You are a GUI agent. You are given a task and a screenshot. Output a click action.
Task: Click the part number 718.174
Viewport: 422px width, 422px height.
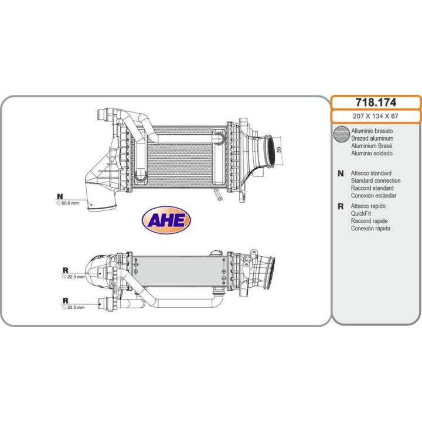[376, 102]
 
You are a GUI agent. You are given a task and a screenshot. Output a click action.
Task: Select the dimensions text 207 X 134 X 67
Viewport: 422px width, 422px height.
[376, 116]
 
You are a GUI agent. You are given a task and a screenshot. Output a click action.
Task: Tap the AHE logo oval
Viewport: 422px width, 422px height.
[166, 220]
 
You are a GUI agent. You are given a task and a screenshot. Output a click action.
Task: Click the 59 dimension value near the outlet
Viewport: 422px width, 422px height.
[279, 149]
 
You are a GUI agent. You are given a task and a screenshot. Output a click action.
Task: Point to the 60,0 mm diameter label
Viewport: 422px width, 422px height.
[70, 203]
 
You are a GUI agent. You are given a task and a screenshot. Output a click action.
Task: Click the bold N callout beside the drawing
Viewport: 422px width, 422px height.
[60, 196]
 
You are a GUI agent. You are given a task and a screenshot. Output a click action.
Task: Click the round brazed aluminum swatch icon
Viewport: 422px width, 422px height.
[341, 134]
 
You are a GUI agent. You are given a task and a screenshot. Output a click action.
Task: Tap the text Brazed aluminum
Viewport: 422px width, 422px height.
[372, 138]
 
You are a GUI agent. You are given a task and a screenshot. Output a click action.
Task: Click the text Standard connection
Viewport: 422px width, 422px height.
[376, 181]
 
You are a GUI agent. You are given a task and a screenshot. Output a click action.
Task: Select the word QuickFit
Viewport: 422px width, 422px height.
[360, 213]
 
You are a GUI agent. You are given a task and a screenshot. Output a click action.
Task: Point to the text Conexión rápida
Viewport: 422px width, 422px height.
[370, 229]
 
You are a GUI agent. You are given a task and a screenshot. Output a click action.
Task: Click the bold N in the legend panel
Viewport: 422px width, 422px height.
[341, 173]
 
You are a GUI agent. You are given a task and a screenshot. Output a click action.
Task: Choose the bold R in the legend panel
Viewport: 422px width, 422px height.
[341, 206]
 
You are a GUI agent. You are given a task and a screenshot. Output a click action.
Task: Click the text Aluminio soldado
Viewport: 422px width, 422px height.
[372, 153]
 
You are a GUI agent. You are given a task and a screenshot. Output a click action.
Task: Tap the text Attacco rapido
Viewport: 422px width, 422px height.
[368, 206]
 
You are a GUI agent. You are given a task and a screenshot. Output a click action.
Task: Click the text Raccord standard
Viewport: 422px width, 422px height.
[372, 188]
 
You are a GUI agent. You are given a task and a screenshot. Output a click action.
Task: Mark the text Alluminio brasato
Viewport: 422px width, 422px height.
[372, 131]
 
